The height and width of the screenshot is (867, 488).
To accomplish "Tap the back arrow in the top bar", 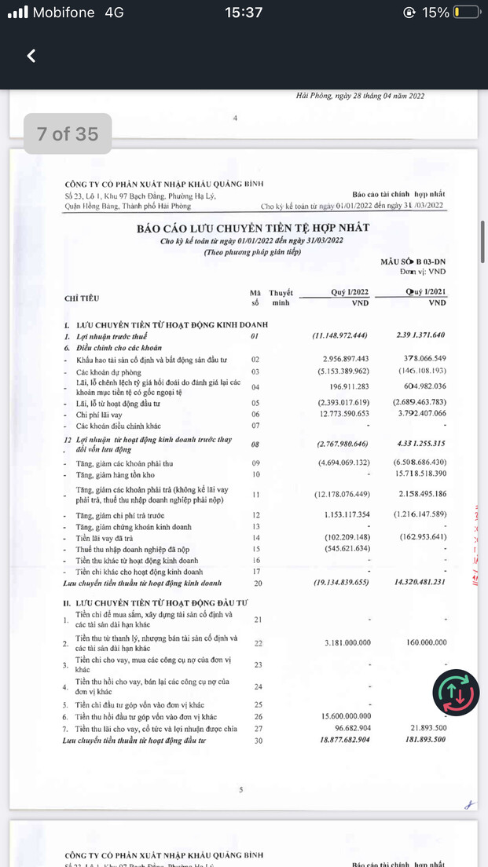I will click(x=31, y=56).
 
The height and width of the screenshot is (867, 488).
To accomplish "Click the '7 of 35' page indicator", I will click(x=68, y=134).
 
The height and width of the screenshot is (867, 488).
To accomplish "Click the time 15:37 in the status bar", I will click(x=244, y=13).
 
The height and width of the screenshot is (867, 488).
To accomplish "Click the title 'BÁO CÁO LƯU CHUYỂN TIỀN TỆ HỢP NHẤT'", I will click(x=253, y=228).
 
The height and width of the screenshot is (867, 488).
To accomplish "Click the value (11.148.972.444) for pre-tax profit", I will click(x=341, y=336).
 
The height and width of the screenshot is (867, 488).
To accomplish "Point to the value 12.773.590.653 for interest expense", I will click(x=343, y=414).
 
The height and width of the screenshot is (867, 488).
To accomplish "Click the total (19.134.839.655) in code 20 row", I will click(x=339, y=583).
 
